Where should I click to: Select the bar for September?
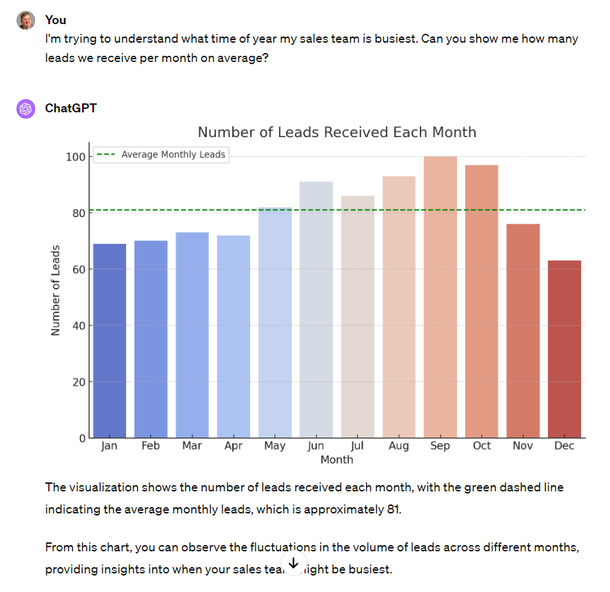pyautogui.click(x=440, y=297)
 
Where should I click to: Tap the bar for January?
pyautogui.click(x=110, y=340)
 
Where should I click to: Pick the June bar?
pyautogui.click(x=316, y=309)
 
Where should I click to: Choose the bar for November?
pyautogui.click(x=523, y=331)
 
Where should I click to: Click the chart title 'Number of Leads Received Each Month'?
pyautogui.click(x=337, y=132)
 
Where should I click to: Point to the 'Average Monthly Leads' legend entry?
pyautogui.click(x=173, y=154)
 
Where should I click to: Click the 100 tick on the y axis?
pyautogui.click(x=76, y=157)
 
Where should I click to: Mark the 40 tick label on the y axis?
pyautogui.click(x=79, y=325)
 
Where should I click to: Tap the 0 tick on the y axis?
pyautogui.click(x=82, y=438)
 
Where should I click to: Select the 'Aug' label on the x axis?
pyautogui.click(x=399, y=446)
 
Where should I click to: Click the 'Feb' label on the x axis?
pyautogui.click(x=151, y=446)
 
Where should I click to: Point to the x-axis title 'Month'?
pyautogui.click(x=337, y=460)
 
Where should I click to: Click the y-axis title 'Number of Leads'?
pyautogui.click(x=56, y=290)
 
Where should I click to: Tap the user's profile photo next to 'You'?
pyautogui.click(x=26, y=21)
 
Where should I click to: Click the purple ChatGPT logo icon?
pyautogui.click(x=26, y=109)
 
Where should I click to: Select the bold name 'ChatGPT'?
pyautogui.click(x=71, y=108)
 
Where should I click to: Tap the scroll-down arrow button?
pyautogui.click(x=293, y=564)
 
